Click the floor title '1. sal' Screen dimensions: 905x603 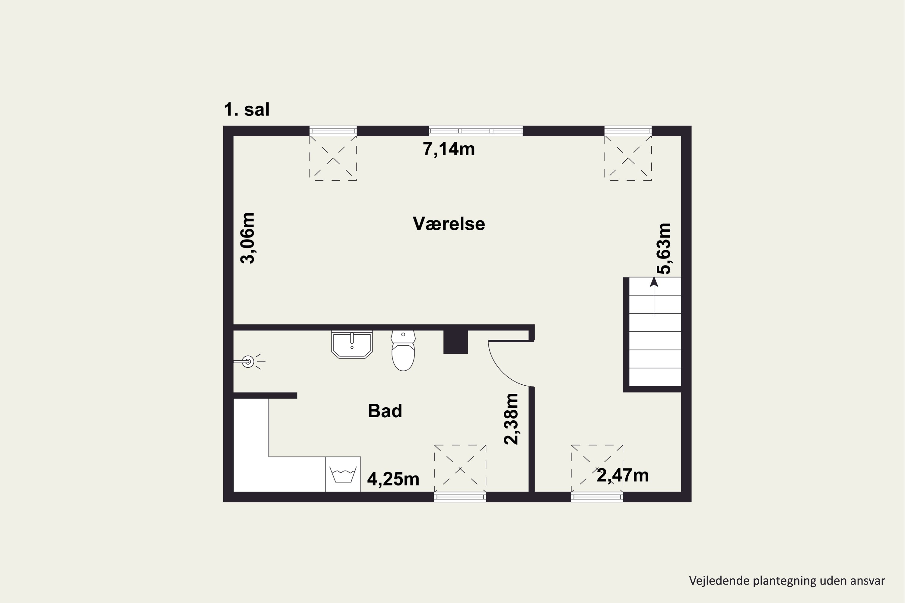coord(247,110)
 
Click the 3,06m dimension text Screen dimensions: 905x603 coord(247,238)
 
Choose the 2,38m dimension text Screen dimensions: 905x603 coord(511,419)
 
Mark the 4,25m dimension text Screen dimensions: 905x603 coord(393,479)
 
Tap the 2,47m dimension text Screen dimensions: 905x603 coord(623,475)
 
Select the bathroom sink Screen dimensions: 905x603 coord(352,344)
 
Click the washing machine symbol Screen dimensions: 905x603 coord(343,474)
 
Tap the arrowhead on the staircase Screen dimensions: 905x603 coord(654,282)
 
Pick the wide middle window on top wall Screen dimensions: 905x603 coord(476,131)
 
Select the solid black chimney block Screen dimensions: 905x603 coord(456,342)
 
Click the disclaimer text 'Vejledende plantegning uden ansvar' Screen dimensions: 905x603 coord(787,581)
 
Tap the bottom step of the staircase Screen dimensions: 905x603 coord(655,377)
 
